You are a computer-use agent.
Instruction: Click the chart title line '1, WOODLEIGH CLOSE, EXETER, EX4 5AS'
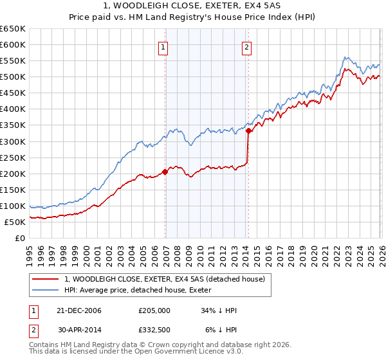coord(192,6)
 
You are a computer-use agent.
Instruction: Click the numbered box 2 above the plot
coord(246,46)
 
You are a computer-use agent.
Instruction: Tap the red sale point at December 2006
coord(165,172)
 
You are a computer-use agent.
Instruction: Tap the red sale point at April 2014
coord(248,130)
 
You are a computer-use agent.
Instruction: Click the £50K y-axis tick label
coord(15,222)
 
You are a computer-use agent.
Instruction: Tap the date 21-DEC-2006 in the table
coord(79,310)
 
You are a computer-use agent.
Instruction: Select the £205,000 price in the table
coord(154,310)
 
